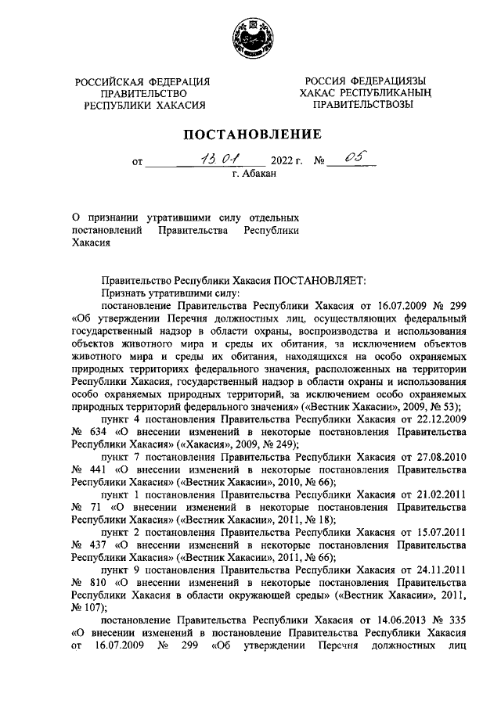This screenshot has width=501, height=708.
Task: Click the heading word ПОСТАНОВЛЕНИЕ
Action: [251, 134]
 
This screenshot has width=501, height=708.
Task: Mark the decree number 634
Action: [97, 432]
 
